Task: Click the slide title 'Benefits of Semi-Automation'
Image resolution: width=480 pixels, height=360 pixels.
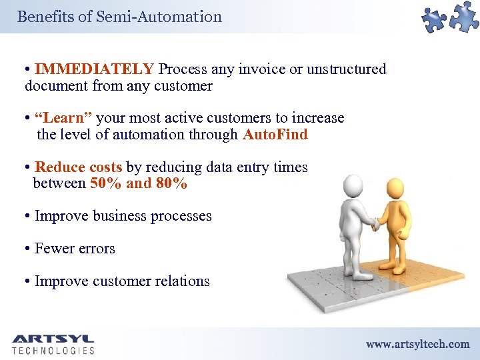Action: pos(119,17)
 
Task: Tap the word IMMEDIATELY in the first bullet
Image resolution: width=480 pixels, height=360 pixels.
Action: pos(95,69)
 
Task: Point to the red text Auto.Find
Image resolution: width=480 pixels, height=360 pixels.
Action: pos(275,135)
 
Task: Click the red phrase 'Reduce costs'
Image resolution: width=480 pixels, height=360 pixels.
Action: pos(78,167)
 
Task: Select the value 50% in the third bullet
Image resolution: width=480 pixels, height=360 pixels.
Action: pos(105,183)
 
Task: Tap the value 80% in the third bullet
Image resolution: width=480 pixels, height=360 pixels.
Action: pos(171,183)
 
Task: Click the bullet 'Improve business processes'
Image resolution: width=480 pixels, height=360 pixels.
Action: pos(123,216)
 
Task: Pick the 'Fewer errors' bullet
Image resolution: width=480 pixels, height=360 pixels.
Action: pos(75,249)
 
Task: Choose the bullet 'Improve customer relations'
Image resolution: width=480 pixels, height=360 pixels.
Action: pos(122,281)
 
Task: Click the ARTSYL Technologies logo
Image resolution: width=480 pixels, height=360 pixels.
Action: pos(53,344)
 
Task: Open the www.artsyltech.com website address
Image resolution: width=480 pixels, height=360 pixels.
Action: pos(417,344)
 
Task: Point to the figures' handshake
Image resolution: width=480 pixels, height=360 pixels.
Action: pos(376,227)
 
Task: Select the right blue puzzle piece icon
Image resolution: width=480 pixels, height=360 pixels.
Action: pos(464,16)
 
